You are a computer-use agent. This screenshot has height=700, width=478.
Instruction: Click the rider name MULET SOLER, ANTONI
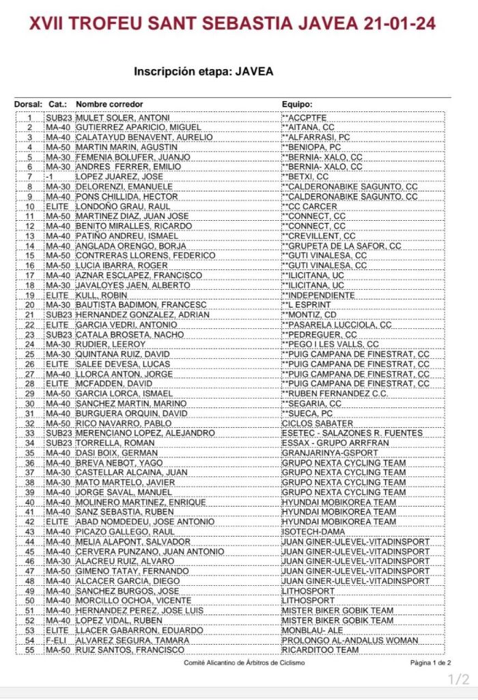click(x=122, y=118)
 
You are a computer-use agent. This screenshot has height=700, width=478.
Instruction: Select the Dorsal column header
click(x=28, y=105)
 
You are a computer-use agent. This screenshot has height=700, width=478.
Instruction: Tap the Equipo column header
click(x=297, y=105)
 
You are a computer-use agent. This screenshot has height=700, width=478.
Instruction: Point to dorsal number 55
click(x=30, y=649)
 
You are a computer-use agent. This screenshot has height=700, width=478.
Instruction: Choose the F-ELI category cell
click(x=57, y=640)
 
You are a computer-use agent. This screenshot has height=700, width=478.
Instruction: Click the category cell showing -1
click(x=49, y=176)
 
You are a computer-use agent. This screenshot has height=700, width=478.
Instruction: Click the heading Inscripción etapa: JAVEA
click(x=203, y=71)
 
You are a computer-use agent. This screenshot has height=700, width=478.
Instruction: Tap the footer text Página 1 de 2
click(x=430, y=663)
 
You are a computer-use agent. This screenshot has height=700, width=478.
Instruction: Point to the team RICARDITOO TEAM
click(x=320, y=649)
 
